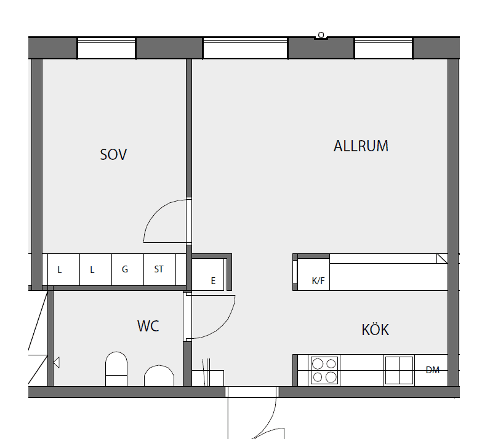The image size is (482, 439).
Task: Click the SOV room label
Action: tap(113, 154)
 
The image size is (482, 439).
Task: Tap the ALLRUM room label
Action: tap(361, 146)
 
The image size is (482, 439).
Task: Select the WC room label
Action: tap(148, 326)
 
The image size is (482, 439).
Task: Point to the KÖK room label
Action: tap(376, 329)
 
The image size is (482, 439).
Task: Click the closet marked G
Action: tap(127, 270)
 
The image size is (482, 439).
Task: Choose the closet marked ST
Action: tap(160, 270)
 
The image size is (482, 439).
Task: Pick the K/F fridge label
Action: tap(318, 280)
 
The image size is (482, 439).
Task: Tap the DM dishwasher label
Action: tap(433, 370)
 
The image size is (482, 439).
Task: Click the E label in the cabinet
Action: tap(213, 280)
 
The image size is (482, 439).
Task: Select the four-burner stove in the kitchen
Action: tap(324, 370)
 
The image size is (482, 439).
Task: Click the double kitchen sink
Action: tap(399, 370)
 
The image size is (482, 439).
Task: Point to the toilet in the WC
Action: tap(116, 369)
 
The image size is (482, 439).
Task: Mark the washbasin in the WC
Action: tap(159, 376)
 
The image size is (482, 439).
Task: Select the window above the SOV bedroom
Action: tap(106, 48)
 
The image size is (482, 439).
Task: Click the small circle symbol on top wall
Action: tap(321, 35)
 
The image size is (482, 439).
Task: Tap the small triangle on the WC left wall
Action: tap(56, 363)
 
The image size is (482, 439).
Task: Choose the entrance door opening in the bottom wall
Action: tap(252, 392)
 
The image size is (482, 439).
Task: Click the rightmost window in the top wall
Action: tap(384, 48)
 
